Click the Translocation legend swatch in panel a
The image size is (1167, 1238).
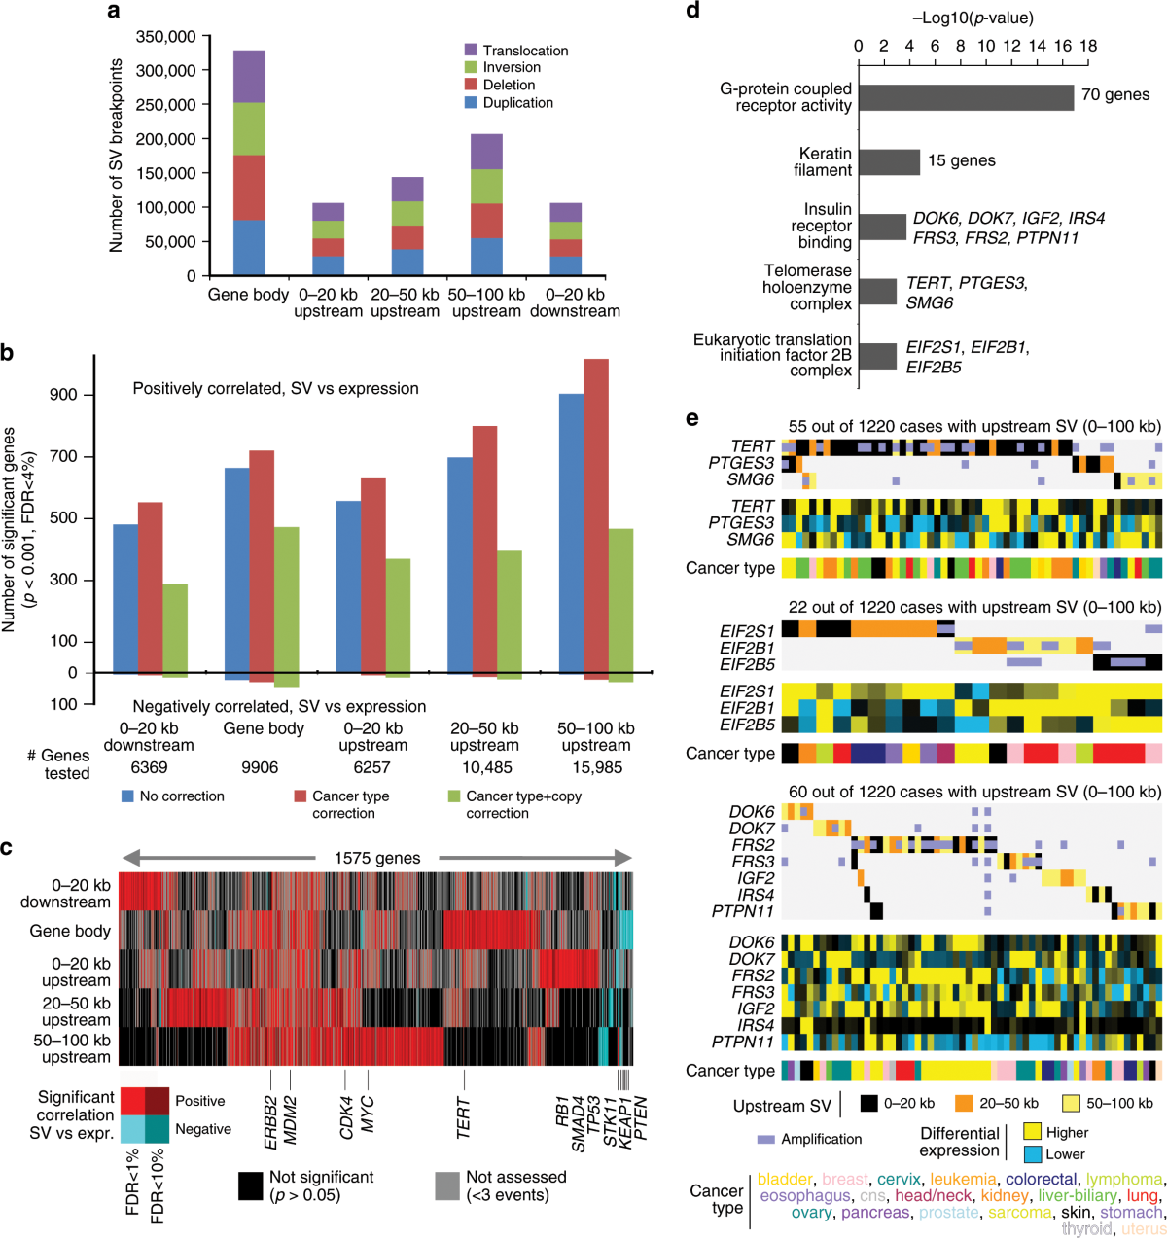click(x=471, y=50)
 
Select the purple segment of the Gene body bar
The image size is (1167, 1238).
click(x=249, y=76)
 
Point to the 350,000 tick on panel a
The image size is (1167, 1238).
click(x=165, y=37)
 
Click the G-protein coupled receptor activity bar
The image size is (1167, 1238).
click(x=966, y=97)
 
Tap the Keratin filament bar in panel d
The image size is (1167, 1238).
click(x=889, y=161)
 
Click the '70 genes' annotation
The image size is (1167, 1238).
click(x=1115, y=95)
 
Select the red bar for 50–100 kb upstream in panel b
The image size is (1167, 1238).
click(x=596, y=515)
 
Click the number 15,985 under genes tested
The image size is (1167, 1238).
click(x=595, y=767)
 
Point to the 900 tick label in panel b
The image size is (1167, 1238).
click(x=63, y=395)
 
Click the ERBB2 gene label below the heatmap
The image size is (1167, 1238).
click(x=270, y=1122)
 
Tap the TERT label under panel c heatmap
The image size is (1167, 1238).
click(x=464, y=1118)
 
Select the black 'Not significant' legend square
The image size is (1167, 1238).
click(x=250, y=1185)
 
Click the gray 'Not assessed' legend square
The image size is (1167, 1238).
click(x=447, y=1185)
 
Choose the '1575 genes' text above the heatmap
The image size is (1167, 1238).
click(x=377, y=858)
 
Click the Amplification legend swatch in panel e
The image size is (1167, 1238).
click(x=765, y=1139)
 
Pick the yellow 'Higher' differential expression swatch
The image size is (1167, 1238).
click(x=1032, y=1132)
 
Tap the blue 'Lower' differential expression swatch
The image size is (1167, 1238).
click(x=1032, y=1154)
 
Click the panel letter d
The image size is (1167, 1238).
click(x=692, y=12)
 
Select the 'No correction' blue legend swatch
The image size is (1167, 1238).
click(x=126, y=796)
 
